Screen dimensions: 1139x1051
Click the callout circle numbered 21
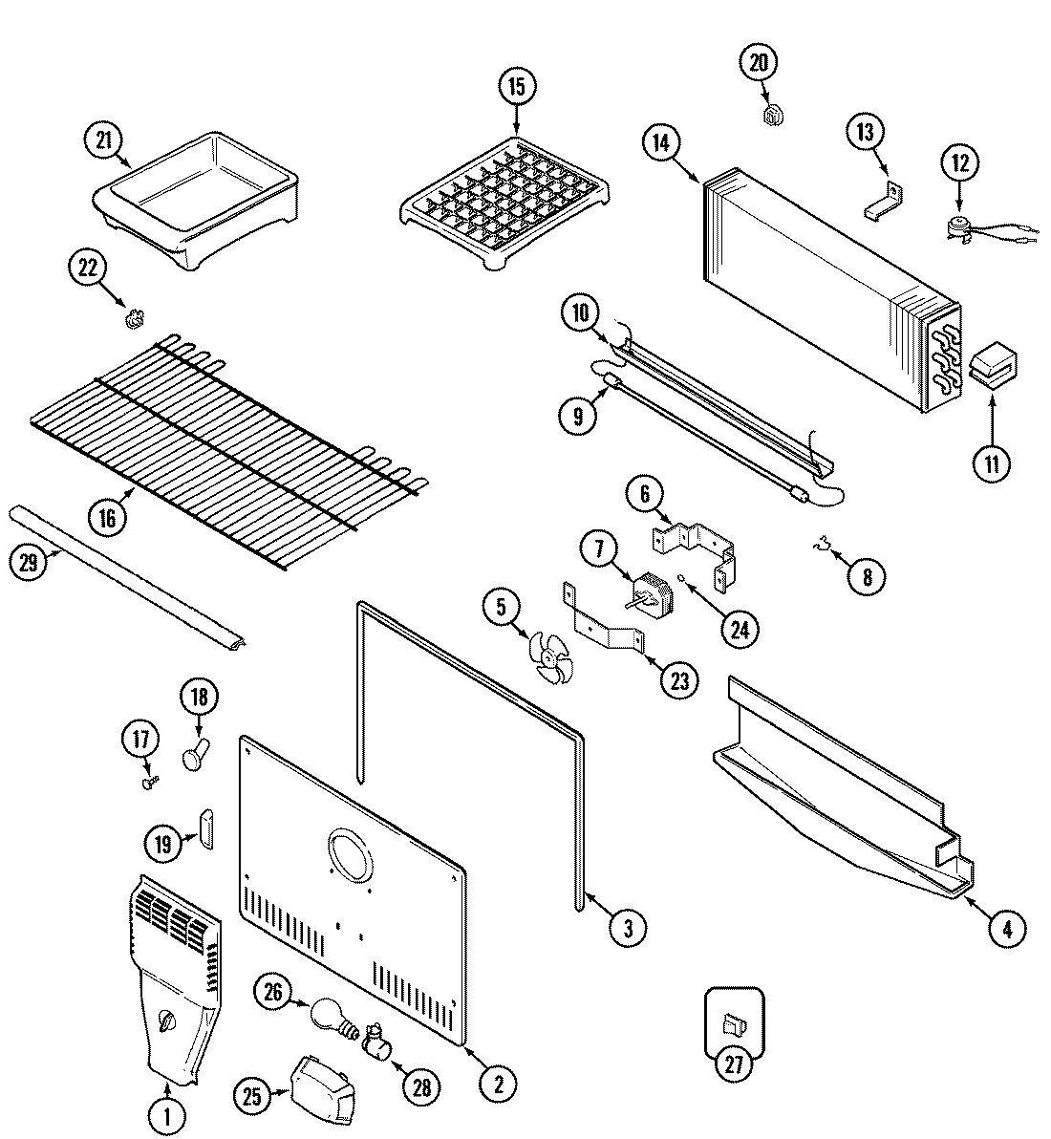(103, 140)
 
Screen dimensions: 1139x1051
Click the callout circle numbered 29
(28, 563)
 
